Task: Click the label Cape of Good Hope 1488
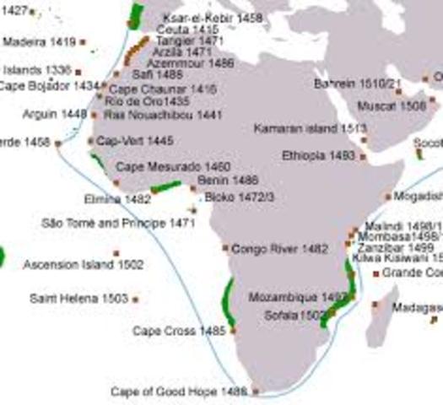pyautogui.click(x=179, y=391)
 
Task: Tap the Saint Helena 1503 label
pyautogui.click(x=78, y=299)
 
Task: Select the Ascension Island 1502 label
pyautogui.click(x=83, y=265)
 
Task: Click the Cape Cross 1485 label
pyautogui.click(x=179, y=331)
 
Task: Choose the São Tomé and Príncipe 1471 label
pyautogui.click(x=117, y=224)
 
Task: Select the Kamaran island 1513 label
pyautogui.click(x=310, y=128)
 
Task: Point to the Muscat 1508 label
pyautogui.click(x=403, y=105)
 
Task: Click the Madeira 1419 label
pyautogui.click(x=40, y=40)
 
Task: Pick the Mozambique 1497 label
pyautogui.click(x=299, y=298)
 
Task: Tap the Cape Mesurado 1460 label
pyautogui.click(x=173, y=166)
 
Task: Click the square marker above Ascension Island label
pyautogui.click(x=116, y=253)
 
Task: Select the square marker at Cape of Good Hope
pyautogui.click(x=256, y=391)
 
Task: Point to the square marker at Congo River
pyautogui.click(x=225, y=248)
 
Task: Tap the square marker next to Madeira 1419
pyautogui.click(x=83, y=41)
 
